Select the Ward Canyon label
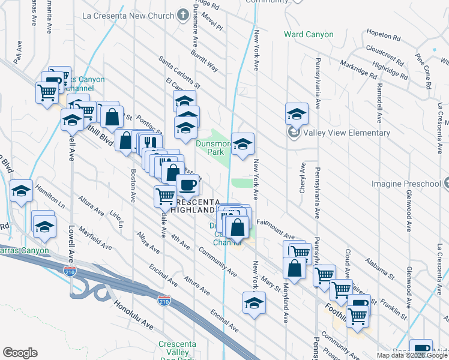click(x=309, y=34)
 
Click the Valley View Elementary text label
click(x=347, y=133)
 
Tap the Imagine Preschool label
click(x=406, y=183)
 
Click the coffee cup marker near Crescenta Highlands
click(x=188, y=184)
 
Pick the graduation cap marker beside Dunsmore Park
click(x=243, y=143)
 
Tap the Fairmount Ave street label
click(x=275, y=230)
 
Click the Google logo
click(x=20, y=352)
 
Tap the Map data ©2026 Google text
click(x=412, y=355)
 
